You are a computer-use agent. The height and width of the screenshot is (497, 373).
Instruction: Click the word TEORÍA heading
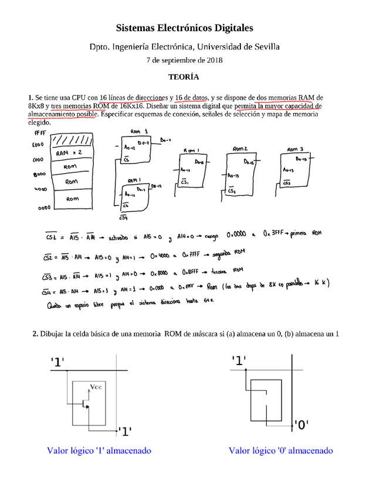click(184, 77)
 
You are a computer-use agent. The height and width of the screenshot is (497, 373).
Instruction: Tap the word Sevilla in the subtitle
click(265, 46)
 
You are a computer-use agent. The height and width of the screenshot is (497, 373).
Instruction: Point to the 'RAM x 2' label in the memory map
click(70, 154)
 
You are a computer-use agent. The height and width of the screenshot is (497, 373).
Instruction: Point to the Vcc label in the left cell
click(96, 386)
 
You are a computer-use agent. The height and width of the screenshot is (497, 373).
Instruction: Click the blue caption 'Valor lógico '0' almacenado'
click(281, 451)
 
